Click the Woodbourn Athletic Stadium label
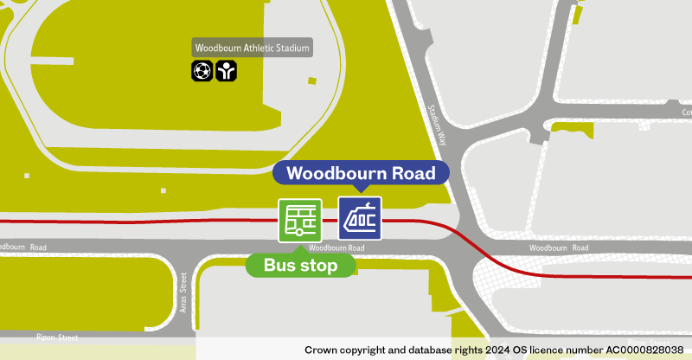click(253, 48)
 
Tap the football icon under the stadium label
click(202, 71)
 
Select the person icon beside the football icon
click(225, 71)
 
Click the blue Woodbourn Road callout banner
click(361, 173)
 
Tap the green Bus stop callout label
click(300, 266)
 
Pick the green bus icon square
click(299, 220)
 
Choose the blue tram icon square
click(360, 219)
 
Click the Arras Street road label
click(183, 293)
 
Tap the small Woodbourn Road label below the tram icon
click(336, 248)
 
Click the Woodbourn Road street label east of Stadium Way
click(558, 248)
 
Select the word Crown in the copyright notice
click(321, 350)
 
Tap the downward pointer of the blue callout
click(360, 189)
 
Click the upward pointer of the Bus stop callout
click(300, 251)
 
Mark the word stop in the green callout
click(318, 266)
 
